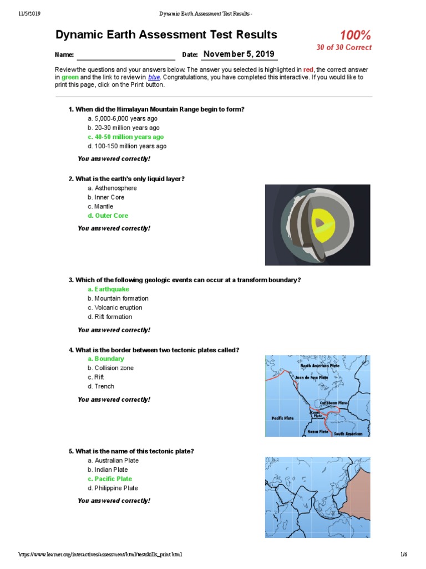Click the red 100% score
[355, 36]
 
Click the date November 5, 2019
[239, 54]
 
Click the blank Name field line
[126, 55]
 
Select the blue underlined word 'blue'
[154, 77]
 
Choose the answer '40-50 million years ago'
[129, 137]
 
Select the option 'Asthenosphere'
[115, 188]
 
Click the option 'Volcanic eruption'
[118, 307]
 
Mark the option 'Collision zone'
[114, 368]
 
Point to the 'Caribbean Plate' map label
[333, 403]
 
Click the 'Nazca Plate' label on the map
[318, 431]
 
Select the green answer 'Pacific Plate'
[113, 479]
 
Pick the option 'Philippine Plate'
[116, 488]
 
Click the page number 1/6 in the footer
[403, 555]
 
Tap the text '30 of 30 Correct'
[344, 48]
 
